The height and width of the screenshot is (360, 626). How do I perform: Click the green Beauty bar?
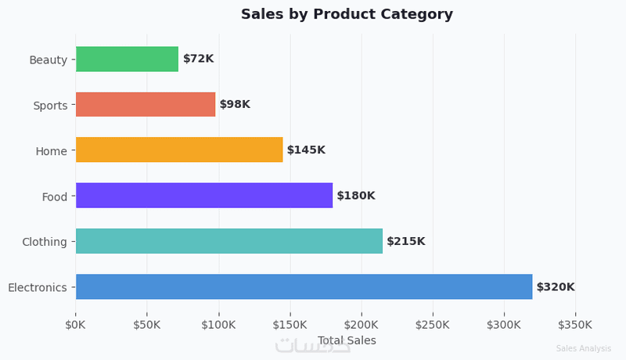click(x=127, y=59)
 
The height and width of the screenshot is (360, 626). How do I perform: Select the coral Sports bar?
click(x=146, y=104)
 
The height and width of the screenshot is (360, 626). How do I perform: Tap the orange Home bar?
click(x=179, y=149)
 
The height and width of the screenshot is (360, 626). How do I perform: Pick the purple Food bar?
click(x=204, y=196)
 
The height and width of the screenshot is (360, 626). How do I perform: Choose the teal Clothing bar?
click(x=229, y=241)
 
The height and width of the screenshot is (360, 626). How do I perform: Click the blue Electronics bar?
click(x=304, y=286)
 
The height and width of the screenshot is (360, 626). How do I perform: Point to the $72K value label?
click(x=198, y=59)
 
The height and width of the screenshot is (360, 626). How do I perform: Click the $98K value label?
click(x=235, y=104)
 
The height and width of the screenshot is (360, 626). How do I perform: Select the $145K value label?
click(x=306, y=149)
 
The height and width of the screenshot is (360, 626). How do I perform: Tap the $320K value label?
click(x=556, y=287)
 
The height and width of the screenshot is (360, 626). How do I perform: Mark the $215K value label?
click(x=405, y=241)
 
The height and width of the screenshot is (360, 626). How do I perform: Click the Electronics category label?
click(x=38, y=287)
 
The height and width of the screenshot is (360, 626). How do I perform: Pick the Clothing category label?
click(x=45, y=242)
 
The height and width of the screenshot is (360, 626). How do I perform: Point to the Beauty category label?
click(x=48, y=59)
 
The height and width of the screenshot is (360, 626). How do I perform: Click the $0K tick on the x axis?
click(x=76, y=324)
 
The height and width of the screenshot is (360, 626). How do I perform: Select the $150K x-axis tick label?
click(x=290, y=324)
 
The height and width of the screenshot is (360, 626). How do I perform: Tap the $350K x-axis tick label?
click(x=575, y=324)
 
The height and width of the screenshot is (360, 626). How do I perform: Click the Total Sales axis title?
click(x=347, y=340)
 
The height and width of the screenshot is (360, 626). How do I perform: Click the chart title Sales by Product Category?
click(x=347, y=14)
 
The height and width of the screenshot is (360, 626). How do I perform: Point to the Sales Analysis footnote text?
click(x=583, y=349)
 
